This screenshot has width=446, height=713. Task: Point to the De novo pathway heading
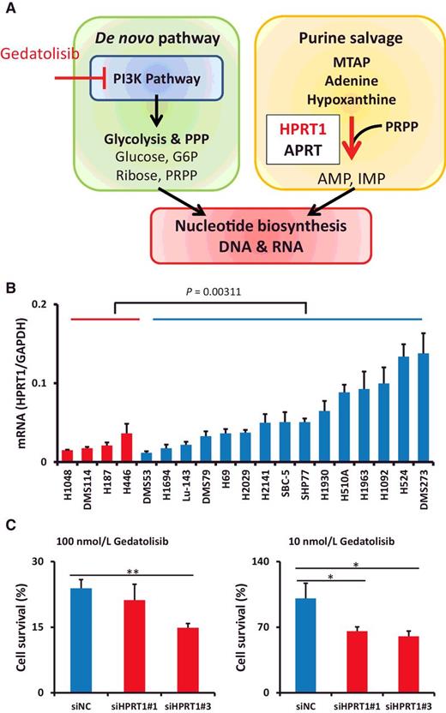tap(142, 38)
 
